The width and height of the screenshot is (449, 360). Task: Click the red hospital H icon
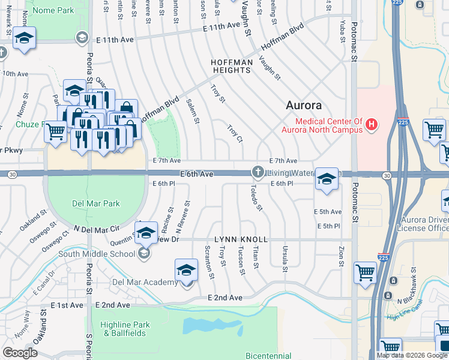coord(372,125)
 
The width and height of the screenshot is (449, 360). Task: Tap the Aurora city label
coord(303,105)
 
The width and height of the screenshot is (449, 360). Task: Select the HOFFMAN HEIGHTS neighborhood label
coord(231,66)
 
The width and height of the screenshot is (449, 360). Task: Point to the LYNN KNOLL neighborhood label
coord(241,239)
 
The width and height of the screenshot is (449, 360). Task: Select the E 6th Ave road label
coord(196,173)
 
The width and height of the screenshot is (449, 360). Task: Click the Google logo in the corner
coord(20,352)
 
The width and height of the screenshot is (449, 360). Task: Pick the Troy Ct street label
coord(235,134)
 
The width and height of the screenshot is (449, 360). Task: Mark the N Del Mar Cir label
coord(97,229)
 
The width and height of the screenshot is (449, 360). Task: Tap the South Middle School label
coord(97,254)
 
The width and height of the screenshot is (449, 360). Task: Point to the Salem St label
coord(193,112)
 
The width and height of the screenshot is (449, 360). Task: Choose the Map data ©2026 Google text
coord(412,355)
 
